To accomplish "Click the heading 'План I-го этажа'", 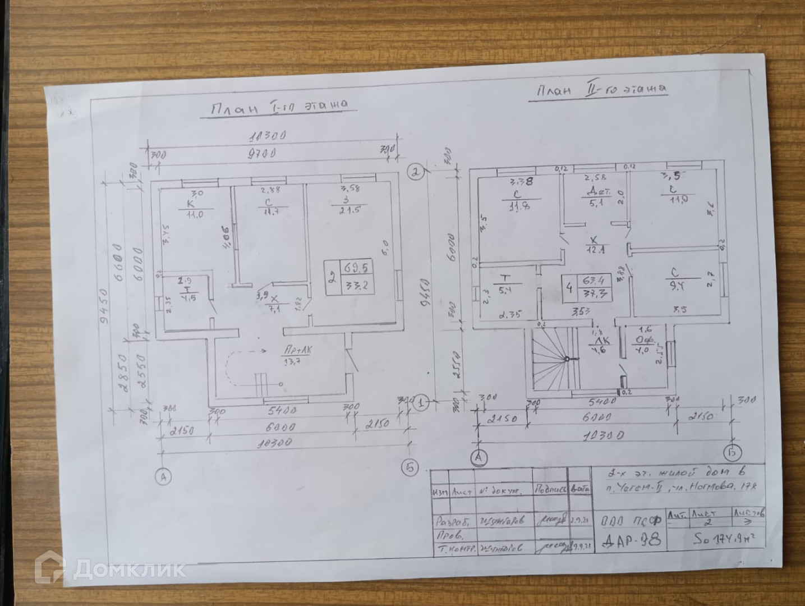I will click(279, 107).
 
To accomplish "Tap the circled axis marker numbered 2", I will click(416, 172).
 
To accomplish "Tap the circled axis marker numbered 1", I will click(421, 402).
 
